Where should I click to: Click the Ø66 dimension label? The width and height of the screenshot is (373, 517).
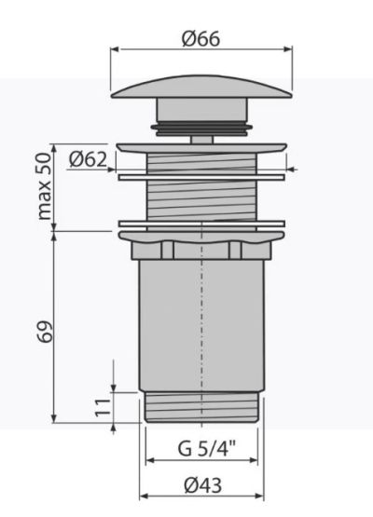[200, 39]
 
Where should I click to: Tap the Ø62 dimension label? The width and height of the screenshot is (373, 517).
[89, 160]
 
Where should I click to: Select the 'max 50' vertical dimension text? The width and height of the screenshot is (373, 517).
[45, 186]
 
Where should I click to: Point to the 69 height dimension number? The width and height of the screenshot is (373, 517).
[45, 332]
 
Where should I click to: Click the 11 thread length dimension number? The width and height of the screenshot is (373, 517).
[102, 407]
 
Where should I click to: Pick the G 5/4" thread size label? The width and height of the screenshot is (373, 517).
[207, 448]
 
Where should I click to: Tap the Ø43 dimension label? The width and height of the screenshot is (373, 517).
[202, 485]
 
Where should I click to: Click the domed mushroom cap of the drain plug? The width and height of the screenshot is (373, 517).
[201, 88]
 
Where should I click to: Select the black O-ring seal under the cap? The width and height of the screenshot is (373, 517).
[201, 129]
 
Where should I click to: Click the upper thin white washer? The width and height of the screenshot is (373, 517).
[201, 177]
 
